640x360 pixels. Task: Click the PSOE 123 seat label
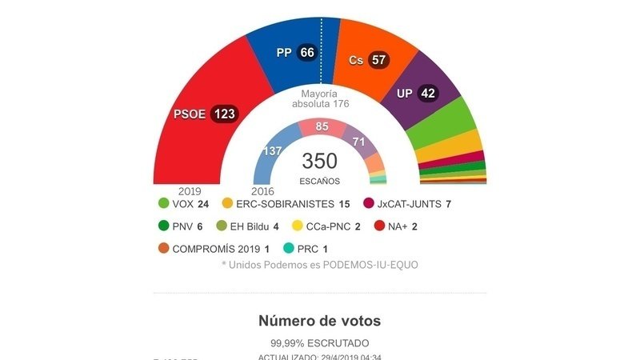(205, 114)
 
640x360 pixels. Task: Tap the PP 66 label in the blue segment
(296, 53)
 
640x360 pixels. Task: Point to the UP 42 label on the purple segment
(416, 94)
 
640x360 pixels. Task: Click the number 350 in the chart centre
(319, 161)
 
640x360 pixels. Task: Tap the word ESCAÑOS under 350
(319, 181)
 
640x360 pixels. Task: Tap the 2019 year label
(190, 191)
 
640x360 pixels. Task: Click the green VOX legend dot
(164, 204)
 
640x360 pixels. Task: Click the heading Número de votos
(319, 321)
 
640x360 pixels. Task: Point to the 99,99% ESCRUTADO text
(319, 342)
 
